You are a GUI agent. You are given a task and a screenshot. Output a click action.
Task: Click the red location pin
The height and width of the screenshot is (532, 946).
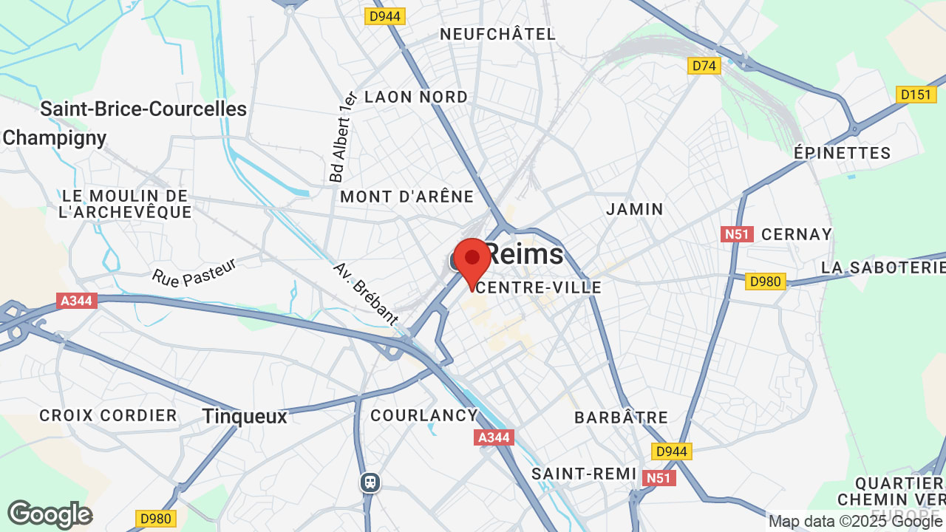pyautogui.click(x=472, y=260)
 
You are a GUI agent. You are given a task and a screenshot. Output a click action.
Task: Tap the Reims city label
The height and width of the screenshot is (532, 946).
pyautogui.click(x=524, y=255)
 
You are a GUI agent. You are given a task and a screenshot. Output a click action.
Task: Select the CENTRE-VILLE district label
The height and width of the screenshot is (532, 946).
pyautogui.click(x=539, y=287)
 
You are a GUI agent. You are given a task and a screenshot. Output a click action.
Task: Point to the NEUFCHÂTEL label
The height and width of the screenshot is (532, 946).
pyautogui.click(x=497, y=34)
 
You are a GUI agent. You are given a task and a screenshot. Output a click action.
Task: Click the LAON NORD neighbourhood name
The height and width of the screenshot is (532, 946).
pyautogui.click(x=416, y=97)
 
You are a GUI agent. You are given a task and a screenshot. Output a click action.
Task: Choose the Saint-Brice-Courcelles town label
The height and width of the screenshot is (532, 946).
pyautogui.click(x=143, y=109)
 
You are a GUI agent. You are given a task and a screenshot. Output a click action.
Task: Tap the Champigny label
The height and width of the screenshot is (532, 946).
pyautogui.click(x=55, y=138)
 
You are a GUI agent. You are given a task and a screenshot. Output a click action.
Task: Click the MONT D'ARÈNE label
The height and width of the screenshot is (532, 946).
pyautogui.click(x=406, y=197)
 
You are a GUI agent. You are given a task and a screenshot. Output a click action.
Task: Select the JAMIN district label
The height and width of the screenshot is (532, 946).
pyautogui.click(x=635, y=209)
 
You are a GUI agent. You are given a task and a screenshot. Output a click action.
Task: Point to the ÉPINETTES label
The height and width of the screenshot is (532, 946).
pyautogui.click(x=843, y=153)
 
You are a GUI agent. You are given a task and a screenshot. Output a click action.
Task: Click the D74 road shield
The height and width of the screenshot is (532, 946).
pyautogui.click(x=704, y=66)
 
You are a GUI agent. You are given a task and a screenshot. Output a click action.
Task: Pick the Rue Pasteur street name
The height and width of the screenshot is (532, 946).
pyautogui.click(x=194, y=272)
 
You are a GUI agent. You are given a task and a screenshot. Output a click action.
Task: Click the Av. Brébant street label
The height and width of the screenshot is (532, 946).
pyautogui.click(x=366, y=293)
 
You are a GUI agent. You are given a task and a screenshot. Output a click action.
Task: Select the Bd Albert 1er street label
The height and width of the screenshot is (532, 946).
pyautogui.click(x=344, y=138)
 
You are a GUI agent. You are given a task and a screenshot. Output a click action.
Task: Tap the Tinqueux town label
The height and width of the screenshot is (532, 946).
pyautogui.click(x=245, y=417)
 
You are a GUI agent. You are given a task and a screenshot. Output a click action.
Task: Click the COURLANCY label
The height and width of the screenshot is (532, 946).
pyautogui.click(x=424, y=415)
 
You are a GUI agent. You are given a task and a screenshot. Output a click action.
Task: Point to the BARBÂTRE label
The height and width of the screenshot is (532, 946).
pyautogui.click(x=621, y=417)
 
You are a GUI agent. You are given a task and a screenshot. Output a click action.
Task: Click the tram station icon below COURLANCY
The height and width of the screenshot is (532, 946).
pyautogui.click(x=370, y=482)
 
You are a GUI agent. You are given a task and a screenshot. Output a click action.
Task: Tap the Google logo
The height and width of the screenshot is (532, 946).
pyautogui.click(x=50, y=515)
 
